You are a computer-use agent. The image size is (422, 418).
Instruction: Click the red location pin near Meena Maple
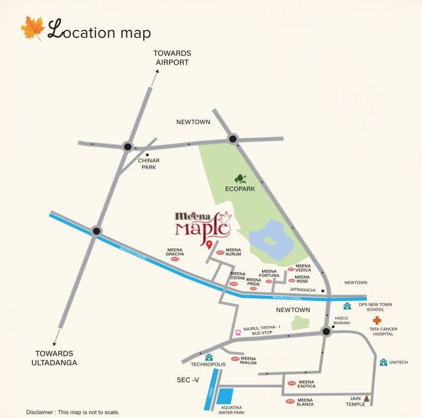(209, 244)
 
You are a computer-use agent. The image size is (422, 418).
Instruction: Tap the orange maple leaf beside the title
(33, 28)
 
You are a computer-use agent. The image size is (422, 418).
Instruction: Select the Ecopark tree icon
(240, 179)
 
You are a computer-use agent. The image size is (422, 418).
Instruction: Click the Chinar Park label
(149, 164)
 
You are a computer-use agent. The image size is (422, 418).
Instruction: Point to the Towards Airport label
(172, 58)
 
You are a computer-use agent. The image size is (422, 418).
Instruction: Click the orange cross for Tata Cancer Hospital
(377, 321)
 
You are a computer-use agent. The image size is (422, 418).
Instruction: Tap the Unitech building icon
(383, 362)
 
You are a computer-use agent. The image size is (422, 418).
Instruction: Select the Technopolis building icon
(209, 357)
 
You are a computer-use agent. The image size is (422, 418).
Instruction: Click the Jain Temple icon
(366, 399)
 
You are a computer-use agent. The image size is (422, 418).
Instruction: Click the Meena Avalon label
(248, 360)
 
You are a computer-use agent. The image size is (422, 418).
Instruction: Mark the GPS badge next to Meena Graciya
(175, 259)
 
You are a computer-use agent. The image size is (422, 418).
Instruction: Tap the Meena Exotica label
(306, 384)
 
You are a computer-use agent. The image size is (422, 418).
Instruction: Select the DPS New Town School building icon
(347, 306)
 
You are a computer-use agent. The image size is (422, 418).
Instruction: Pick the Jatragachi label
(303, 291)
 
